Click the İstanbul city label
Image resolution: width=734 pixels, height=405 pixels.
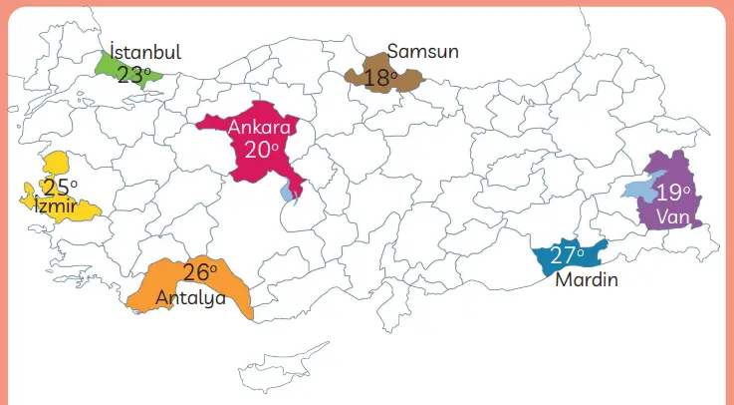pos(145,52)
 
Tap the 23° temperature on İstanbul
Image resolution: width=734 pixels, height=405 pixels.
pos(133,74)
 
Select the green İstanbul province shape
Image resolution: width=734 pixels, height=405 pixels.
pos(108,66)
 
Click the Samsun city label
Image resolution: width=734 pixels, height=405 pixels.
pos(423,51)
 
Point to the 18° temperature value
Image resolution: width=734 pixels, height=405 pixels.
pos(380,77)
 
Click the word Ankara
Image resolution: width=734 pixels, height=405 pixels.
pos(258,127)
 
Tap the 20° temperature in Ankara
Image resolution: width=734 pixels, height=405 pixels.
pos(261,150)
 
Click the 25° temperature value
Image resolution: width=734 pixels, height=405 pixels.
pos(60,187)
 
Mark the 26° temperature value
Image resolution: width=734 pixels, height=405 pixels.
pos(200,271)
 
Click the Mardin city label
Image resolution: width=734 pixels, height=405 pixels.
pos(587,280)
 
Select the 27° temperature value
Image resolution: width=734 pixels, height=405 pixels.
pos(568,255)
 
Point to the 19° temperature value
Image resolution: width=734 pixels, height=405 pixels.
pos(673,193)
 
